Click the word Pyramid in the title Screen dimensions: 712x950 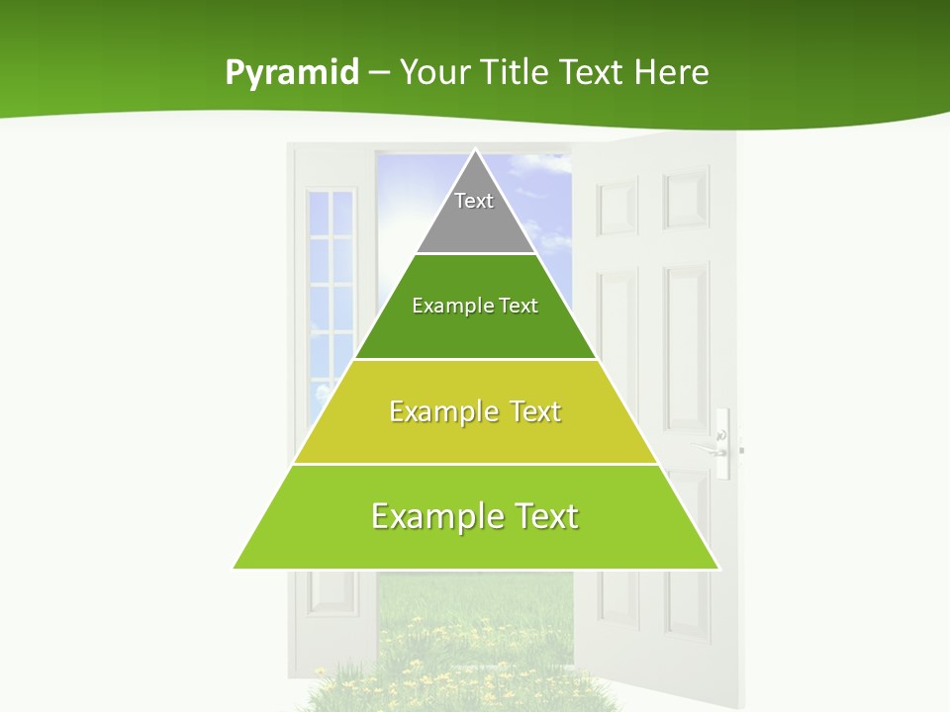tap(292, 73)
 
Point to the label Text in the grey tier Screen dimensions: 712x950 tap(474, 201)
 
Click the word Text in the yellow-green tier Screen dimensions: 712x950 tap(536, 411)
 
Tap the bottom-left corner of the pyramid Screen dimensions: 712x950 tap(236, 568)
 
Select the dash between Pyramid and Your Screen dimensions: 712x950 tap(379, 73)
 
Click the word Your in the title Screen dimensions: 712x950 tap(434, 73)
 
